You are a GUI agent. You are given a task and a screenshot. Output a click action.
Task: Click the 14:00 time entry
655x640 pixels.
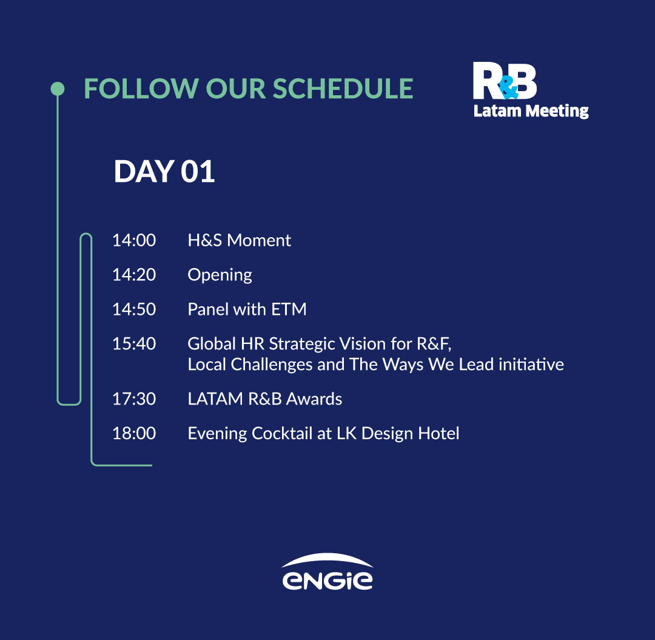coord(134,240)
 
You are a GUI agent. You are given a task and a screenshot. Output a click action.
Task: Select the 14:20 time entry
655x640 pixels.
coord(134,274)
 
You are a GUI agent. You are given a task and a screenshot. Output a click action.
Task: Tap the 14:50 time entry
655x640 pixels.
coord(134,309)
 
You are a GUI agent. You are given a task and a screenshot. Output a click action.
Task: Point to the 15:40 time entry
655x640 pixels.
coord(134,343)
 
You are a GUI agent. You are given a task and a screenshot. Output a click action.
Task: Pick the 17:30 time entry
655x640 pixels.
coord(134,399)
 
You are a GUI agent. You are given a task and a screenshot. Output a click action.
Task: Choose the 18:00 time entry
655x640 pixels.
coord(134,433)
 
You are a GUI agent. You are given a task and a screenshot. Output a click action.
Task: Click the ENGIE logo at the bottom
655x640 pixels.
coord(327,572)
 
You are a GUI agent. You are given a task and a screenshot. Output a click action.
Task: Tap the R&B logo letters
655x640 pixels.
coord(505,81)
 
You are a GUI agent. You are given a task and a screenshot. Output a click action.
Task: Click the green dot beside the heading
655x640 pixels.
coord(58,89)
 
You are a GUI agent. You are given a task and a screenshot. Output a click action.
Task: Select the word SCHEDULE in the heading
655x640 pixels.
coord(343,89)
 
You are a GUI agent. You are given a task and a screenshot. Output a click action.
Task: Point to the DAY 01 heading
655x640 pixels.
coord(164,171)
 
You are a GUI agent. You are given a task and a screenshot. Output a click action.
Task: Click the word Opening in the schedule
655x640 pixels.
coord(220,276)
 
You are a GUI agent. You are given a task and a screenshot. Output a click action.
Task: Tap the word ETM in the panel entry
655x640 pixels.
coord(289,309)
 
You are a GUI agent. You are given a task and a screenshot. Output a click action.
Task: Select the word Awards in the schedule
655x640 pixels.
coord(314,399)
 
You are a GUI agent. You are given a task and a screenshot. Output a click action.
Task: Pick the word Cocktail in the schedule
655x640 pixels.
coord(282,433)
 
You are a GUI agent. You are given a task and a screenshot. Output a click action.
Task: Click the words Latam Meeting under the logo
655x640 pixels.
coord(531,112)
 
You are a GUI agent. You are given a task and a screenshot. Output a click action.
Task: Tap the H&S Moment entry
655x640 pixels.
coord(240,240)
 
